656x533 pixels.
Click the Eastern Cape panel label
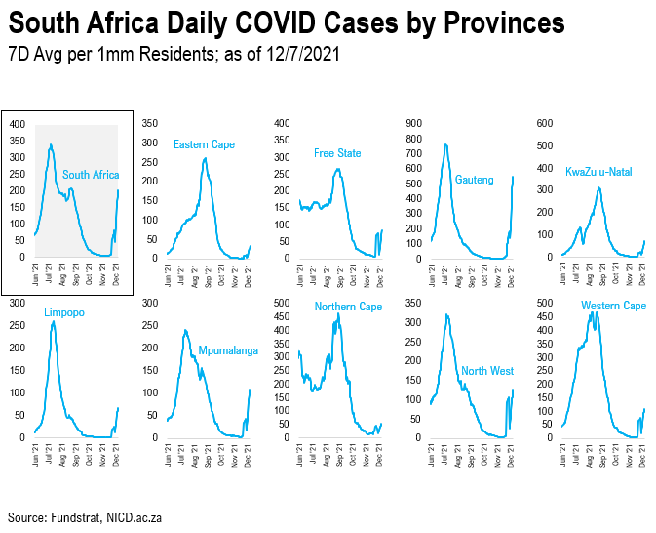(204, 144)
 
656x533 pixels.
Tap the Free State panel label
(337, 153)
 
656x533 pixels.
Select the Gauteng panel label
(475, 179)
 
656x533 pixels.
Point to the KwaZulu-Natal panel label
(598, 172)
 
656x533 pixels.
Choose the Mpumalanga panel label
(228, 349)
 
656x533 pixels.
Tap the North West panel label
(487, 371)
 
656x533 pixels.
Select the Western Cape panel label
(613, 307)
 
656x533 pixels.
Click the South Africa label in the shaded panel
(91, 175)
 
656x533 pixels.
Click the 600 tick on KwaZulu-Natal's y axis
(546, 123)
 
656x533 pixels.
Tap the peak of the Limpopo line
(53, 321)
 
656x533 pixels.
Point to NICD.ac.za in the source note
(138, 515)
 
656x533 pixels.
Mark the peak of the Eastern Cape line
(205, 158)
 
